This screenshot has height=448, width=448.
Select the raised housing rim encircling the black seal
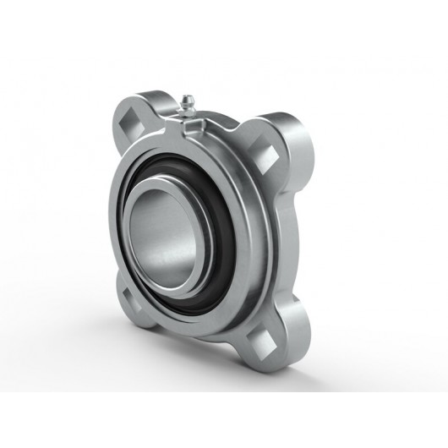click(245, 194)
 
